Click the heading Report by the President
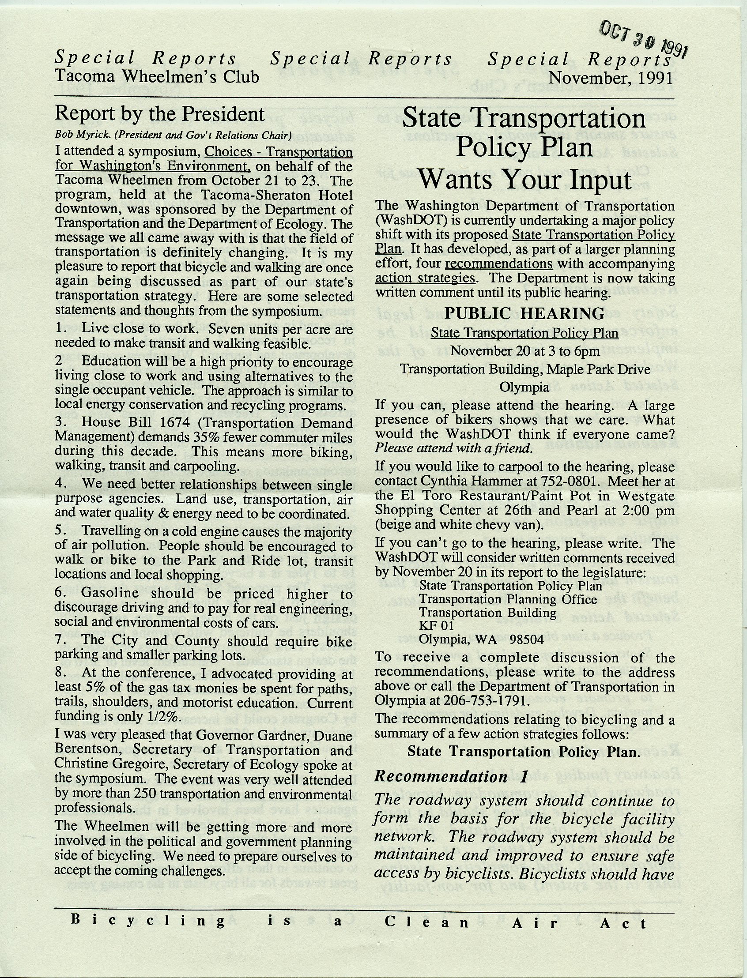coord(159,114)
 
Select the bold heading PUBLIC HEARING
coord(524,313)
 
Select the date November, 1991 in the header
coord(610,77)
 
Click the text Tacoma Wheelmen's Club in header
coord(157,76)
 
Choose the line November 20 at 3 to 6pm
coord(524,351)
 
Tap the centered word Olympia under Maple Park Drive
coord(524,387)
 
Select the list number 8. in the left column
coord(61,675)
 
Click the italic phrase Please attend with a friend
coord(453,448)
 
